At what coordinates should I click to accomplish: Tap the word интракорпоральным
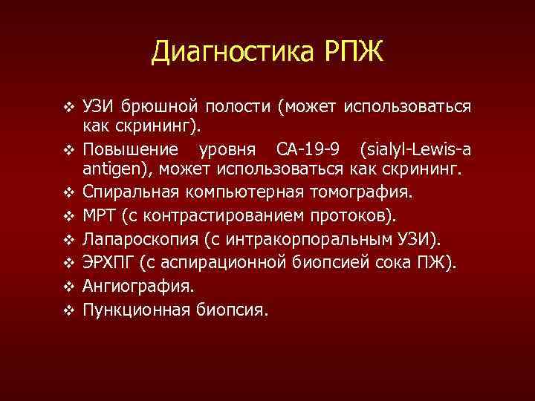click(x=314, y=238)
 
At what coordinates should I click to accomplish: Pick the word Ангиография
click(x=137, y=285)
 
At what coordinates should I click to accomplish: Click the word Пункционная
click(x=134, y=308)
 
